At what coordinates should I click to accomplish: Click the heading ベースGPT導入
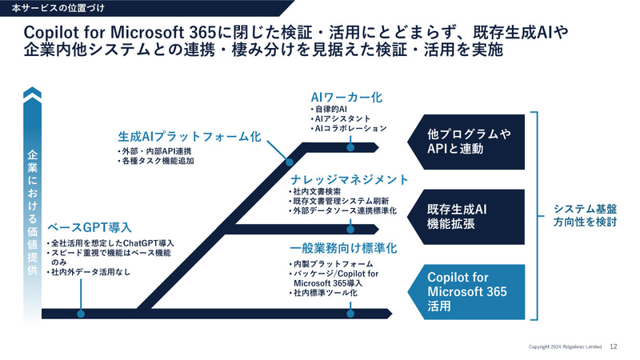(x=90, y=227)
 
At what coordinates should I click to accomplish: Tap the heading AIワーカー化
(x=346, y=97)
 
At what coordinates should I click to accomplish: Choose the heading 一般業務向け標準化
(x=343, y=249)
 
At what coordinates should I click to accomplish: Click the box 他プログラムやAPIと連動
(x=469, y=142)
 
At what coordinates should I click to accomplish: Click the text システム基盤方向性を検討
(x=585, y=216)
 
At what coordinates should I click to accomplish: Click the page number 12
(x=614, y=346)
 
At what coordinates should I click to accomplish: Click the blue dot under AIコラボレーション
(x=350, y=147)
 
